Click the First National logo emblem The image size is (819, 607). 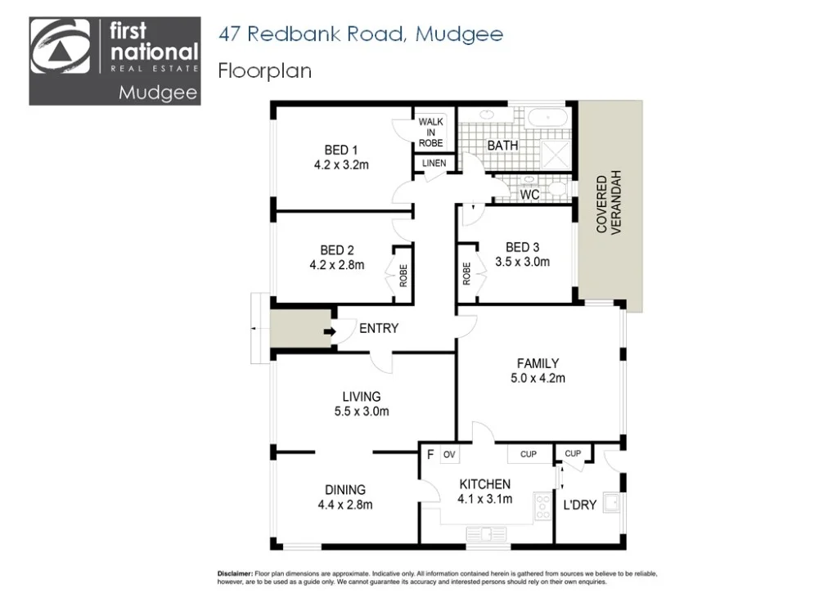pyautogui.click(x=61, y=51)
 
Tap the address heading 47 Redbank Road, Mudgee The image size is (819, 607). pyautogui.click(x=360, y=34)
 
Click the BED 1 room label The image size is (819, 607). pyautogui.click(x=341, y=150)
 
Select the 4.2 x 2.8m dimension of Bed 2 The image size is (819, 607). pyautogui.click(x=337, y=264)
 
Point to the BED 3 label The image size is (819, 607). pyautogui.click(x=522, y=247)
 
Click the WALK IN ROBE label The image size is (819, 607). pyautogui.click(x=430, y=133)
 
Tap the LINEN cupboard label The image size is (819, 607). pyautogui.click(x=434, y=164)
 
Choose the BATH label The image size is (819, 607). pyautogui.click(x=502, y=146)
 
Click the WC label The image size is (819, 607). pyautogui.click(x=529, y=196)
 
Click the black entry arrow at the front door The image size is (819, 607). pyautogui.click(x=330, y=332)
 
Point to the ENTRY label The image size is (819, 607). pyautogui.click(x=379, y=329)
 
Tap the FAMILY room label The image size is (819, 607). pyautogui.click(x=538, y=363)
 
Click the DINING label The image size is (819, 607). pyautogui.click(x=344, y=490)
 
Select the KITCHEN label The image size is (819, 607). pyautogui.click(x=484, y=484)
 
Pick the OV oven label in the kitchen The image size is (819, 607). pyautogui.click(x=448, y=454)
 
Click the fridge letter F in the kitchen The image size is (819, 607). pyautogui.click(x=430, y=454)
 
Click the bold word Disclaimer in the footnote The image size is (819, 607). pyautogui.click(x=235, y=575)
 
